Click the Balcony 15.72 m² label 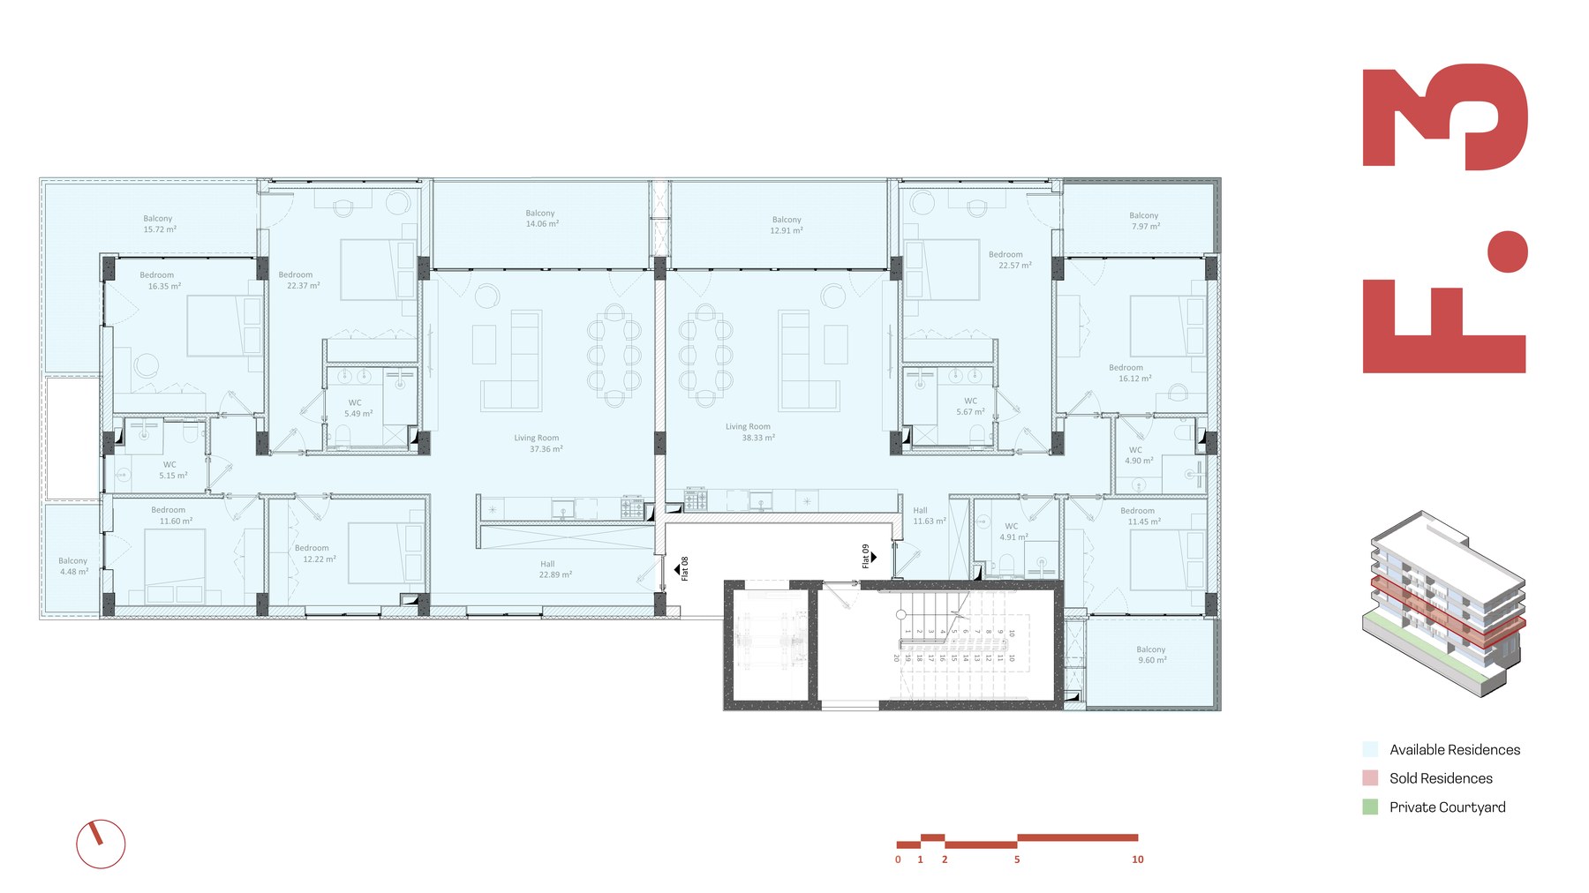(x=160, y=224)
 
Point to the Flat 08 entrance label (x=684, y=568)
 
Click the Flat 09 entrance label (x=867, y=556)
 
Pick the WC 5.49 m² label (x=358, y=408)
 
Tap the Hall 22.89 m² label (x=554, y=569)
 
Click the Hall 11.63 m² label (x=928, y=515)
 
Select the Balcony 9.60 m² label (x=1152, y=655)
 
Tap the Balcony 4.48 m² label (x=73, y=566)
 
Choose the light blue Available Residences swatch (x=1370, y=750)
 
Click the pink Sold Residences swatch (x=1370, y=778)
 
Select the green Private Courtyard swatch (x=1370, y=807)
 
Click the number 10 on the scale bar (x=1137, y=859)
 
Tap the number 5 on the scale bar (x=1017, y=859)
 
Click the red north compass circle (x=101, y=844)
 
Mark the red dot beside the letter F (x=1507, y=252)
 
